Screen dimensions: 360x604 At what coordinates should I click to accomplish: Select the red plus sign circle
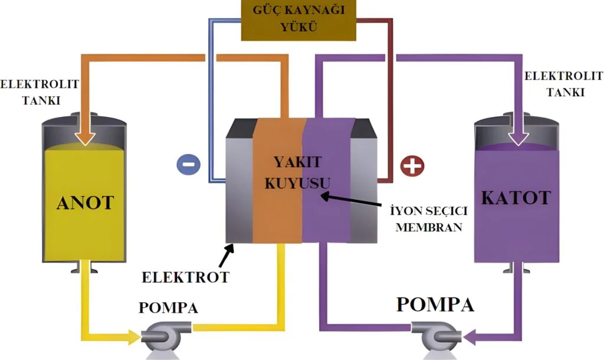(x=412, y=166)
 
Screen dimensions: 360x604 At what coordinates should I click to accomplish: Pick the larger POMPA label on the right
(x=435, y=305)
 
